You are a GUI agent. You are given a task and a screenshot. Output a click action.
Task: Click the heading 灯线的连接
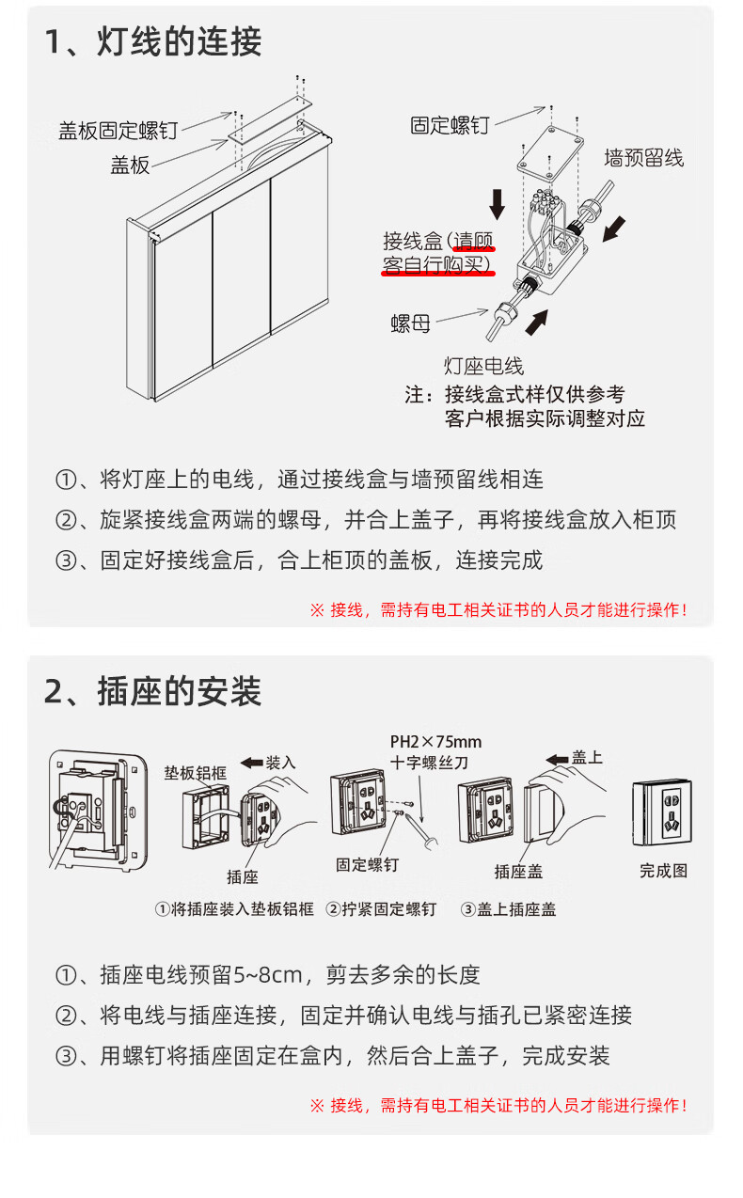pyautogui.click(x=180, y=41)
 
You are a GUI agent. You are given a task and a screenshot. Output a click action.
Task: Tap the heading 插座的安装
pyautogui.click(x=180, y=691)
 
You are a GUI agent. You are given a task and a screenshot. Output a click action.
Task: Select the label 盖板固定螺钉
pyautogui.click(x=119, y=131)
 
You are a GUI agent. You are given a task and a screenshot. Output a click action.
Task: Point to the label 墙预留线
pyautogui.click(x=644, y=158)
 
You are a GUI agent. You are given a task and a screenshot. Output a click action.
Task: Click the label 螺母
pyautogui.click(x=410, y=323)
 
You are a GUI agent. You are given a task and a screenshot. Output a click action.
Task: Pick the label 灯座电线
pyautogui.click(x=483, y=367)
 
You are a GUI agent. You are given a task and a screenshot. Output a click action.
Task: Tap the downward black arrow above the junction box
pyautogui.click(x=498, y=204)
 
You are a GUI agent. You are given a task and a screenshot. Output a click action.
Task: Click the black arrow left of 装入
pyautogui.click(x=251, y=763)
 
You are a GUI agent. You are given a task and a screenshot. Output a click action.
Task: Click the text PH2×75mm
pyautogui.click(x=436, y=742)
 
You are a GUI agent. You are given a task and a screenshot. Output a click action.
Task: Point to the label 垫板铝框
pyautogui.click(x=196, y=773)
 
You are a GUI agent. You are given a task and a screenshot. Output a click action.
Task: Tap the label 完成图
pyautogui.click(x=663, y=871)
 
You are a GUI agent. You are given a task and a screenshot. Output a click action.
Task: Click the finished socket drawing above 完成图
pyautogui.click(x=662, y=812)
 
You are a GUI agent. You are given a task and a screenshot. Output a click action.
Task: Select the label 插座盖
pyautogui.click(x=518, y=872)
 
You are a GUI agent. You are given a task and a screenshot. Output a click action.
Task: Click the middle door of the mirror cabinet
pyautogui.click(x=242, y=272)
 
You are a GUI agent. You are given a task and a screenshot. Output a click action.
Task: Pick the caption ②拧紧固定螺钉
pyautogui.click(x=382, y=909)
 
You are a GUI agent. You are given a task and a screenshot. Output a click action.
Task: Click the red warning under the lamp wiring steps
pyautogui.click(x=498, y=609)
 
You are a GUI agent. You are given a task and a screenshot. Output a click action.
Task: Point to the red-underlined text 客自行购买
pyautogui.click(x=436, y=265)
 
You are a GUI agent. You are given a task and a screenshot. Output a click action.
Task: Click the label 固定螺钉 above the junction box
pyautogui.click(x=450, y=125)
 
